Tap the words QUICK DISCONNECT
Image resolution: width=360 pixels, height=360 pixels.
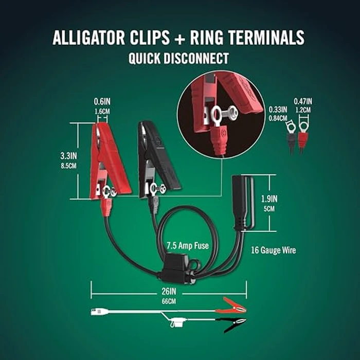coord(178,58)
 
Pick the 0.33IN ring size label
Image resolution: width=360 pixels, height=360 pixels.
coord(278,110)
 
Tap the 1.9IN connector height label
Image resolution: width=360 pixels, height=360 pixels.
coord(283,199)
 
